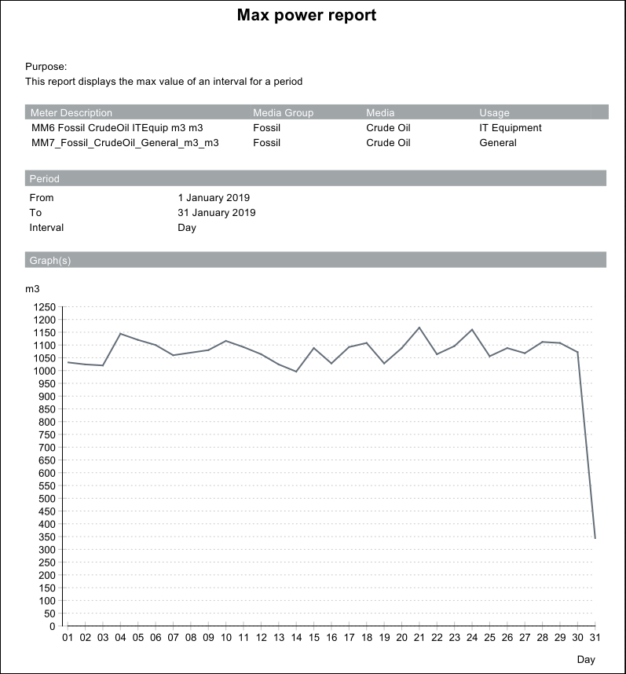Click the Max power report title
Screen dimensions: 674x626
point(306,16)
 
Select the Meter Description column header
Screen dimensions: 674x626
point(71,113)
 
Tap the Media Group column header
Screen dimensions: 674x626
point(283,113)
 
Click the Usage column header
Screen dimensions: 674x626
point(494,113)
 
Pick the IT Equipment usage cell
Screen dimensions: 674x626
point(511,128)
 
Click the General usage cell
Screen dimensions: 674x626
point(498,143)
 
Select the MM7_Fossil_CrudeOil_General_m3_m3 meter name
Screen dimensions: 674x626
point(124,143)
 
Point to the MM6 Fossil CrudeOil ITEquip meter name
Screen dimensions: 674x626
point(116,128)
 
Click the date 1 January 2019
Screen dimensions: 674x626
point(214,198)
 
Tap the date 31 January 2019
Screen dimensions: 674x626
point(217,213)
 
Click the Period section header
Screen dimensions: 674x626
point(45,179)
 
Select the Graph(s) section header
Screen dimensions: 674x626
point(50,260)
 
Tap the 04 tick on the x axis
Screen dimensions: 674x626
point(120,637)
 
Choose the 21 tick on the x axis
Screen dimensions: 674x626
point(419,637)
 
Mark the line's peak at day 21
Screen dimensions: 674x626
point(419,328)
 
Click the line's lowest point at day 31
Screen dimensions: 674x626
point(595,538)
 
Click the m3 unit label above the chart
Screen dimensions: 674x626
point(32,289)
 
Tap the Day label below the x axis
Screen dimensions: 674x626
point(586,660)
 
